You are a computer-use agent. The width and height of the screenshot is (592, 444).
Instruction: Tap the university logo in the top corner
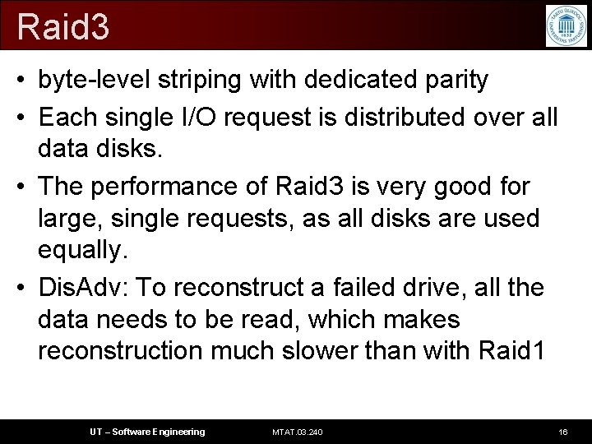coord(566,25)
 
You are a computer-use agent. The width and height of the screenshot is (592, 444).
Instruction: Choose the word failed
coord(369,288)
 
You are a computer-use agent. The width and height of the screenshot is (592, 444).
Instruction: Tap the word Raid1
coord(511,351)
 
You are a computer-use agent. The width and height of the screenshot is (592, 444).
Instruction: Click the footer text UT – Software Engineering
coord(147,432)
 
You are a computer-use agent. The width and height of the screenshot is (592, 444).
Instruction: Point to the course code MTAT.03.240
coord(298,432)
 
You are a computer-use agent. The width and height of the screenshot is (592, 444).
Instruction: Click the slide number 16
coord(562,432)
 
